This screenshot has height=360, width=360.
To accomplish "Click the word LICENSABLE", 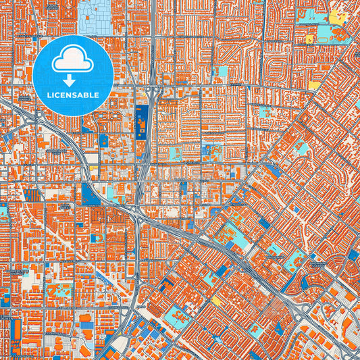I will click(73, 95).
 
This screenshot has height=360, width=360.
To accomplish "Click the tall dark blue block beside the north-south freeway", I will click(140, 122).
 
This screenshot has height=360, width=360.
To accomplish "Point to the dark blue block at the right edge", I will click(353, 255).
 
